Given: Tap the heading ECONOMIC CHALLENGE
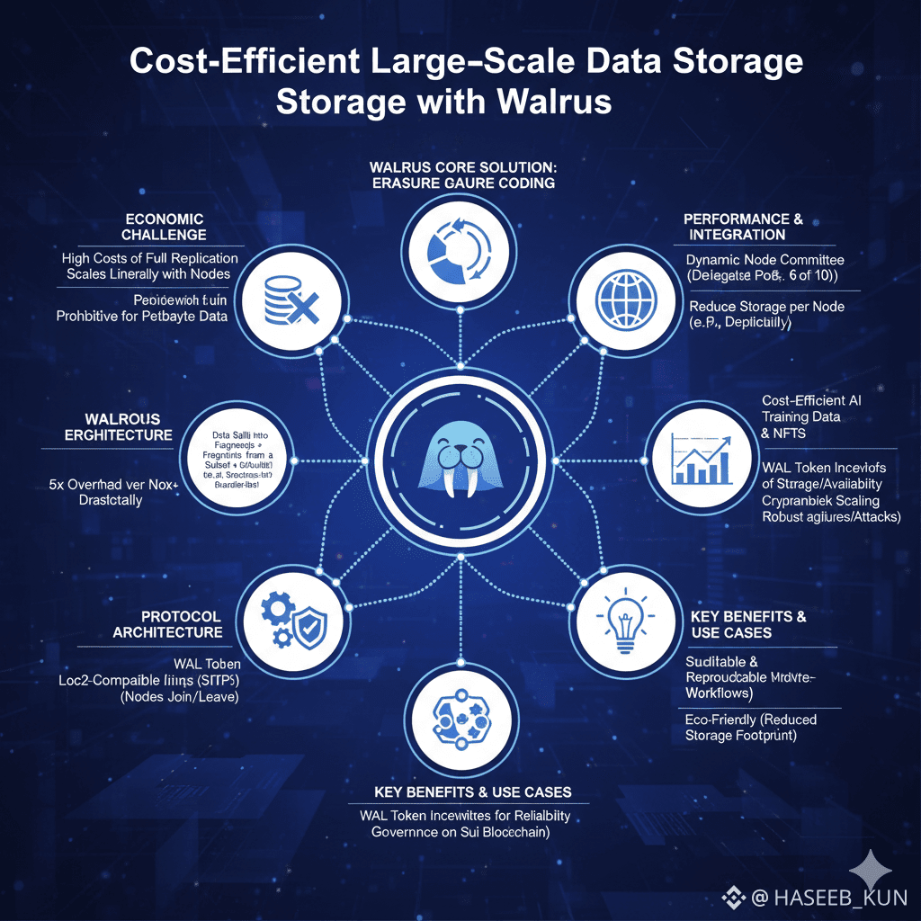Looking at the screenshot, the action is pos(163,227).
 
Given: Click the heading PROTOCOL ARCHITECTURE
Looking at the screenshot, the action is pos(167,624).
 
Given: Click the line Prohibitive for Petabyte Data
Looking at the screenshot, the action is pos(141,316).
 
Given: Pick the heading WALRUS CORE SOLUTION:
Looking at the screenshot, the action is pos(462,167).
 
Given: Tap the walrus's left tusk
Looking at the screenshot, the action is pos(447,485).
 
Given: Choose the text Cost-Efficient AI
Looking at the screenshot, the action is pos(811,401).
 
